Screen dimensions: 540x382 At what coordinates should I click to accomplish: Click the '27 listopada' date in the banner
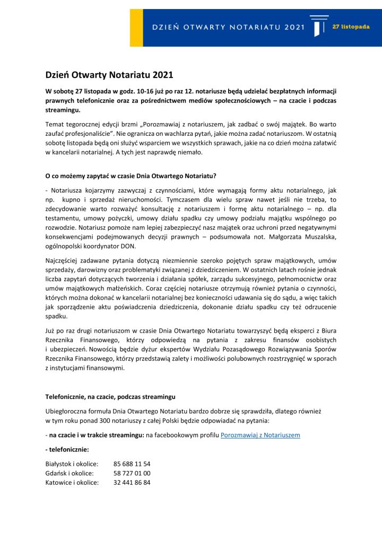click(x=351, y=27)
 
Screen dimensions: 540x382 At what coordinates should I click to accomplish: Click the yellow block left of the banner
click(x=136, y=28)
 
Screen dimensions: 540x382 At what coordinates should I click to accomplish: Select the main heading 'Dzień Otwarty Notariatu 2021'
click(x=109, y=76)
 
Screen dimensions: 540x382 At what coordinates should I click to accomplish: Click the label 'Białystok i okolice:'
click(x=72, y=464)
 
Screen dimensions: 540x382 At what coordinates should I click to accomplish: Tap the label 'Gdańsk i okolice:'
click(x=70, y=473)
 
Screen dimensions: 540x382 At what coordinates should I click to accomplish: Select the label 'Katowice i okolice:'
click(x=72, y=483)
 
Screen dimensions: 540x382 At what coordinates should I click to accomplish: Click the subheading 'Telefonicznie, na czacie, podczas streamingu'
click(x=110, y=397)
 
